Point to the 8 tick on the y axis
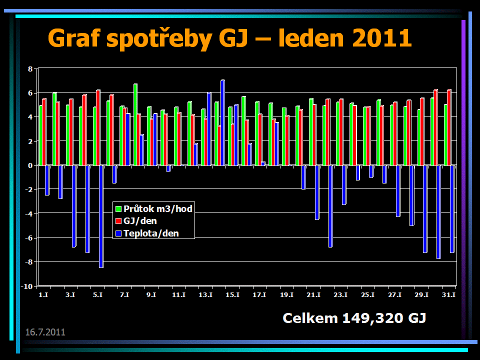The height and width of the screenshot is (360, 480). [x=30, y=68]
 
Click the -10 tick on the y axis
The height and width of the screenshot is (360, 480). [x=28, y=286]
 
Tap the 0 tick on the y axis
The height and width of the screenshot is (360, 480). [x=30, y=165]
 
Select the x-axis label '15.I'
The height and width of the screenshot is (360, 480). [x=232, y=295]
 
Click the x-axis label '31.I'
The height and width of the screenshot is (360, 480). [x=448, y=295]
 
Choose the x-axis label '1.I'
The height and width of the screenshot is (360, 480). [x=43, y=295]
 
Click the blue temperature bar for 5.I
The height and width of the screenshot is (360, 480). [x=101, y=216]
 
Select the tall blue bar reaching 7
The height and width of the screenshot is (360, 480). [x=222, y=122]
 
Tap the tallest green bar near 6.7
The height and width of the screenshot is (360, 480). [x=135, y=124]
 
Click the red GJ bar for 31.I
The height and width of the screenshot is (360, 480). [x=449, y=127]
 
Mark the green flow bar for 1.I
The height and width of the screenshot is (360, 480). [x=40, y=135]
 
